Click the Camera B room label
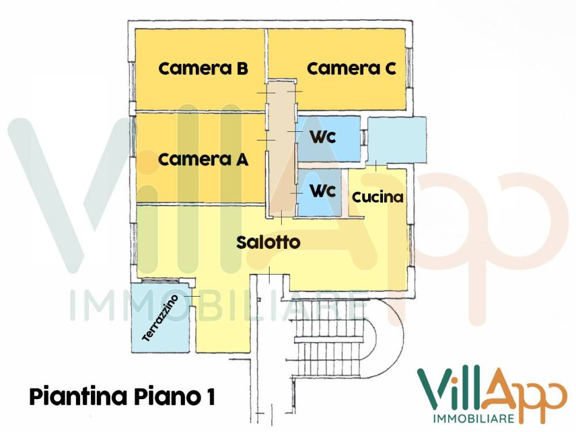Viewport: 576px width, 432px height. coord(203,69)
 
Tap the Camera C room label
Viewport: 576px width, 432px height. coord(351,69)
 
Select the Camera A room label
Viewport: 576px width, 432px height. coord(203,160)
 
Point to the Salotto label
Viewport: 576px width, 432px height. coord(268,242)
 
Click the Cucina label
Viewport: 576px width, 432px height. coord(377,197)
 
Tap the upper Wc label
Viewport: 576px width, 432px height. coord(323,138)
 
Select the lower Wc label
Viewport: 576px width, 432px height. coord(323,191)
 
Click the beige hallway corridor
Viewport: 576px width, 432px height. coord(281,150)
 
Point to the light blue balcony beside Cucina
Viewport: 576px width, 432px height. coord(397,139)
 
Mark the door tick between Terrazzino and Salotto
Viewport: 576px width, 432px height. coord(192,296)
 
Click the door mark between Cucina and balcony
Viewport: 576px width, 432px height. coord(376,166)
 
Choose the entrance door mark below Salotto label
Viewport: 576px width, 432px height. coord(270,275)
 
